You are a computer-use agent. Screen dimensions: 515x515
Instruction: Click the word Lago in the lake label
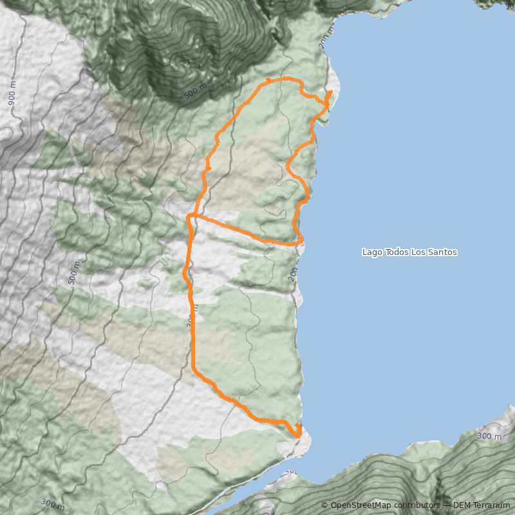372,252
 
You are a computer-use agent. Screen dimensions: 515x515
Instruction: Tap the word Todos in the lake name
397,252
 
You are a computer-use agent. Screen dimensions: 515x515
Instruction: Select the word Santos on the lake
443,252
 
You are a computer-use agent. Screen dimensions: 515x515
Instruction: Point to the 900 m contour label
12,95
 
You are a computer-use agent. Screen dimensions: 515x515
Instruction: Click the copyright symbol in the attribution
325,505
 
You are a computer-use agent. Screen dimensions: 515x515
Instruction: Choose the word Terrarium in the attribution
492,505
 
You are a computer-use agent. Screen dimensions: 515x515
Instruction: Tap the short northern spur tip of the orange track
331,93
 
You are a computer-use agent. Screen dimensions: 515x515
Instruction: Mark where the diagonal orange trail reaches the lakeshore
301,243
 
